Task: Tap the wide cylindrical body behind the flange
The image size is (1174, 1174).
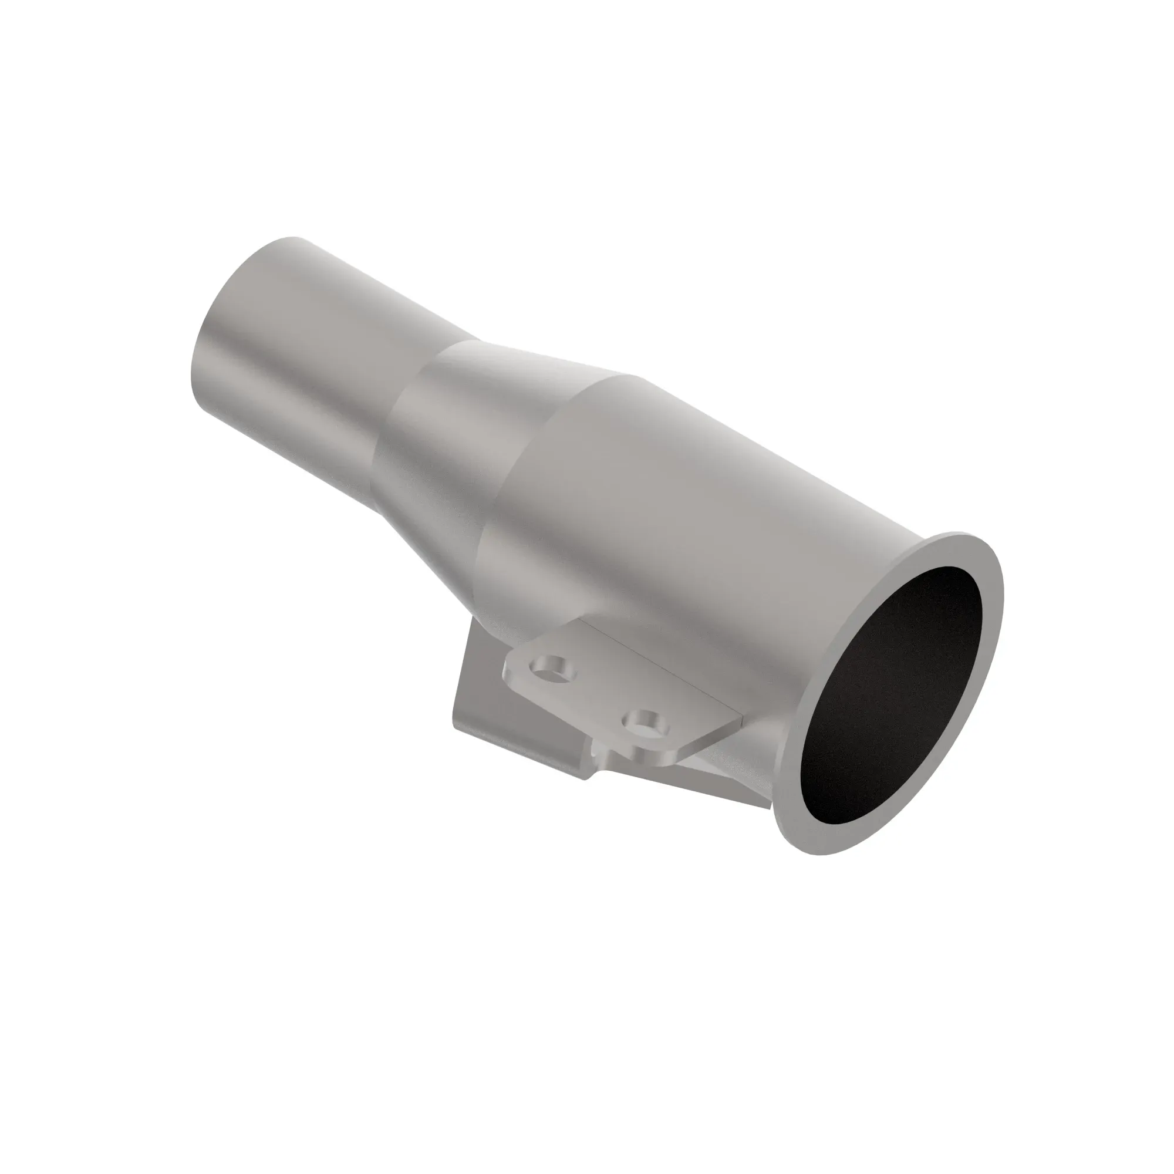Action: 669,517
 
